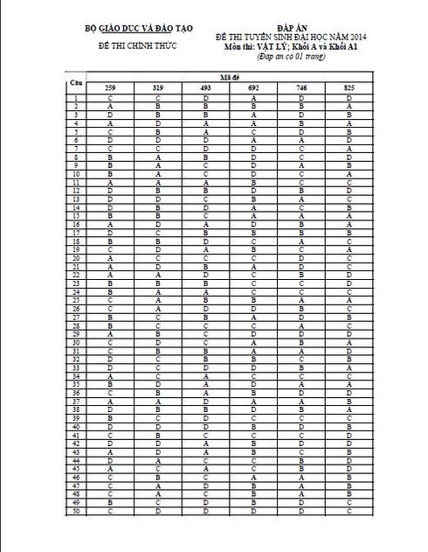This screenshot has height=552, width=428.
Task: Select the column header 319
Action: point(157,88)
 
